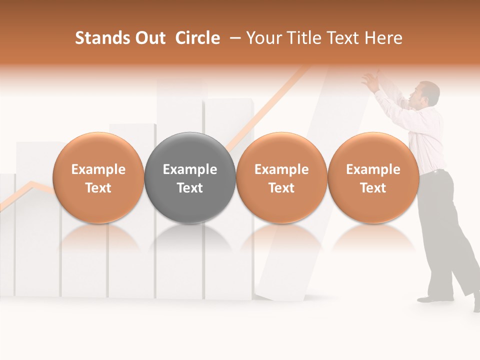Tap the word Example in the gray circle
(190, 169)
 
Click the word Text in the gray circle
(190, 188)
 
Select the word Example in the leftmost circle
(98, 169)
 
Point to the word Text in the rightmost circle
(373, 188)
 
